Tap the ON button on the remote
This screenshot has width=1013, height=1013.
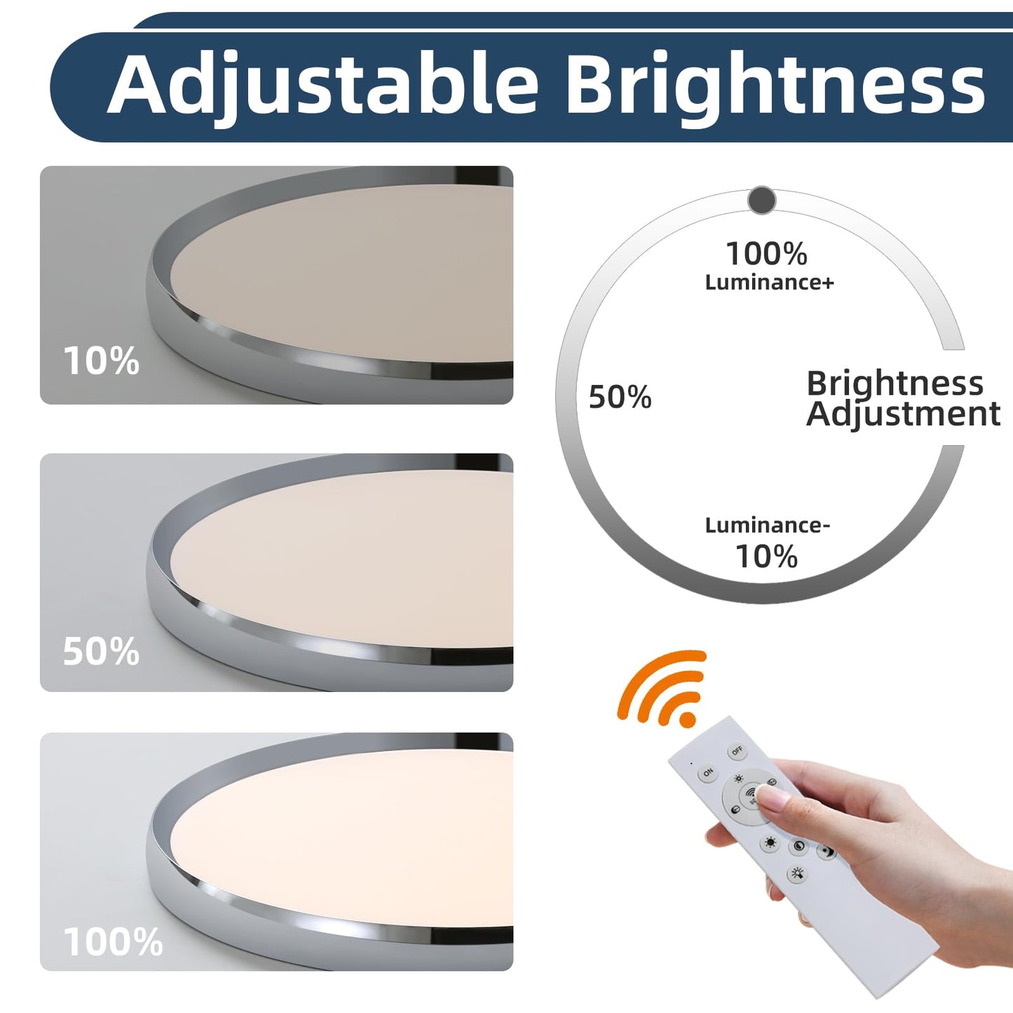click(x=707, y=773)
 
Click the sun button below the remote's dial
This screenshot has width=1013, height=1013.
click(x=770, y=843)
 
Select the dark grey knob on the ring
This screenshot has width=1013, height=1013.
click(x=761, y=200)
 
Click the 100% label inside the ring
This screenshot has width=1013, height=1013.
click(x=766, y=254)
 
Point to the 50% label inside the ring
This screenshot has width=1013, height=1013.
click(x=620, y=397)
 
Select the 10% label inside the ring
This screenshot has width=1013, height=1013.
click(x=766, y=557)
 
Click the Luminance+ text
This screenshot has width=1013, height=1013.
click(x=769, y=283)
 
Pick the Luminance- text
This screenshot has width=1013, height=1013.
click(x=767, y=525)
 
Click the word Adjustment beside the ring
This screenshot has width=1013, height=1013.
click(x=903, y=414)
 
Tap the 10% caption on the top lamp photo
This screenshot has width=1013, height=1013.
click(x=101, y=361)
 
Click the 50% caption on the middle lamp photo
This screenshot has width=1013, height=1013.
click(x=101, y=651)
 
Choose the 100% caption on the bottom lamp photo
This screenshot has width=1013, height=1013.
click(x=113, y=941)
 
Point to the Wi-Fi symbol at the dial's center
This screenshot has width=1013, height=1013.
click(x=751, y=794)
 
